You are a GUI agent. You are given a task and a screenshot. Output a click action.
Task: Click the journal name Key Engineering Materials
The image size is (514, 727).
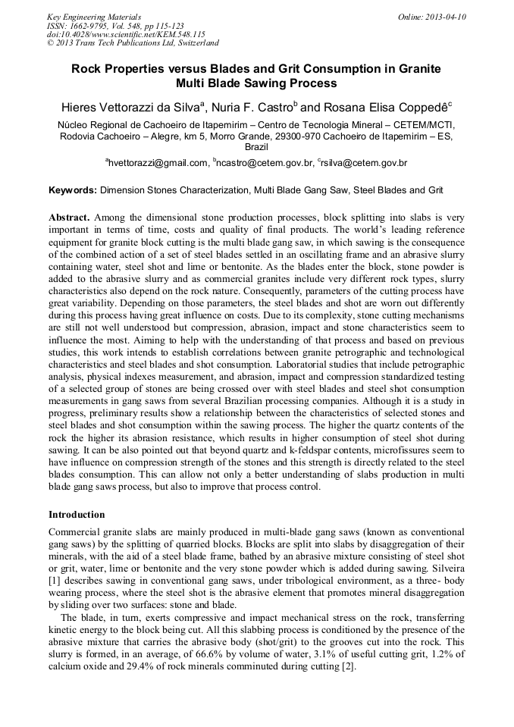point(94,17)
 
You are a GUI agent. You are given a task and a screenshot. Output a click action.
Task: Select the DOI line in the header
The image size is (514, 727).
point(127,34)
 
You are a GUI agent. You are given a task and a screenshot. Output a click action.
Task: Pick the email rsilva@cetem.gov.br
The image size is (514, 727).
point(365,163)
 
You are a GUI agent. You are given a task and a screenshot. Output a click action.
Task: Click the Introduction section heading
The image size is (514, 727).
point(77,515)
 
